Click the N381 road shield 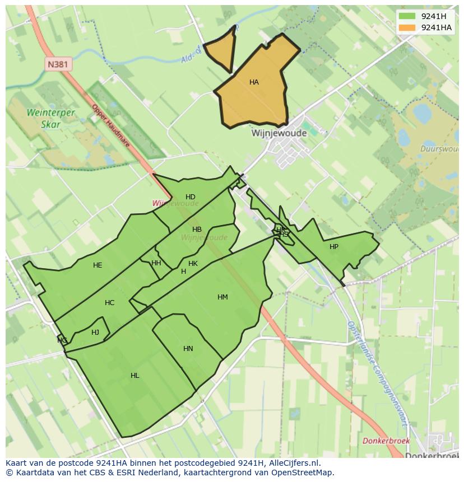(58, 64)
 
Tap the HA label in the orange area (254, 82)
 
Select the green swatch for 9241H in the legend (407, 16)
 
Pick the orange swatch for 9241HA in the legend (407, 27)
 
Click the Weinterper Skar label (51, 118)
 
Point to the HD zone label (191, 196)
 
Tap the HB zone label (197, 230)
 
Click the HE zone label (98, 265)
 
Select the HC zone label (109, 303)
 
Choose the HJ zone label (95, 333)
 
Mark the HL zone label (134, 376)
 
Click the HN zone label (188, 349)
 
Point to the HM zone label (222, 297)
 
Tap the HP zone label (334, 247)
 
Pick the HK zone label (193, 264)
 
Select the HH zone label (156, 263)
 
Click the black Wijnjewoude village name (279, 134)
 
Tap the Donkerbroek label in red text (386, 441)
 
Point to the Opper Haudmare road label (111, 126)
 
